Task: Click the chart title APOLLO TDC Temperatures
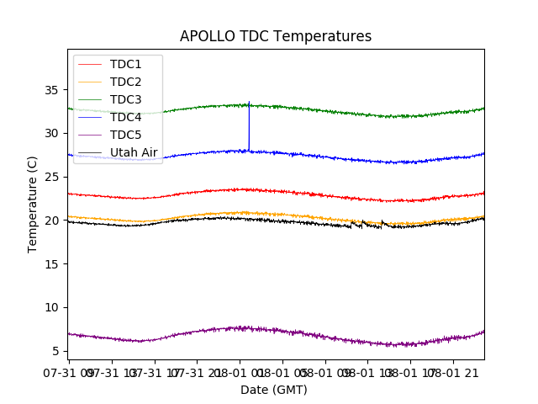click(275, 36)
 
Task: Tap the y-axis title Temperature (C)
click(33, 205)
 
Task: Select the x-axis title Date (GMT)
click(274, 390)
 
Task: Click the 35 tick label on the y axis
click(53, 89)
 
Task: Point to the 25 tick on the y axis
click(53, 177)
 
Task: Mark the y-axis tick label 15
click(53, 263)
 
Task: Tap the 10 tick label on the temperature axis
click(53, 307)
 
